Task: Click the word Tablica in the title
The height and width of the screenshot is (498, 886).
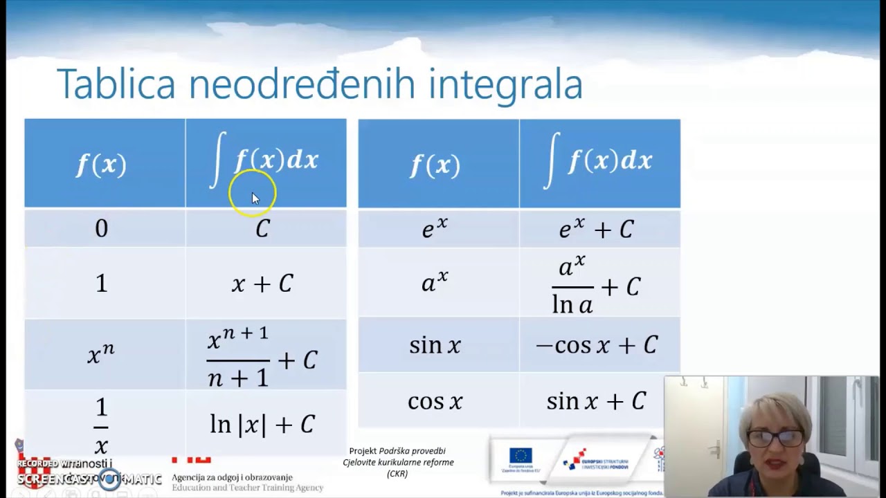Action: click(x=116, y=84)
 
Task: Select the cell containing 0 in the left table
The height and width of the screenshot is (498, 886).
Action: click(x=102, y=228)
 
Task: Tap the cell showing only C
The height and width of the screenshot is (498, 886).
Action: click(x=262, y=229)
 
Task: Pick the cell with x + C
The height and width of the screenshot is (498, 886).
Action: click(x=262, y=284)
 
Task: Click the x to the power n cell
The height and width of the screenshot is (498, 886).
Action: click(x=101, y=354)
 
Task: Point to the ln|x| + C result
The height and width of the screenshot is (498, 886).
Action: click(x=262, y=424)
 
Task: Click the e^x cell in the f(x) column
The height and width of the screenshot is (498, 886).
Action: click(x=435, y=228)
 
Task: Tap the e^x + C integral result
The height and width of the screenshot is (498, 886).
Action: click(x=596, y=228)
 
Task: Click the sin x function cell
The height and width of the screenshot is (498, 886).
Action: click(x=435, y=345)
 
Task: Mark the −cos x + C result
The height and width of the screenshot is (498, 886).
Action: click(x=596, y=345)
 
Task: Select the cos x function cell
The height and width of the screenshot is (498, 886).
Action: click(x=435, y=401)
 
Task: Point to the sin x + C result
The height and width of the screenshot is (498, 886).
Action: click(x=596, y=401)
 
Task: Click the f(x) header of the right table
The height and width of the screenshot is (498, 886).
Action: click(x=435, y=165)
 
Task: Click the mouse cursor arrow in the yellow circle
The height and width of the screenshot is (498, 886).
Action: click(x=255, y=199)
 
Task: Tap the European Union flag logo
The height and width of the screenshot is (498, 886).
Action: click(x=521, y=455)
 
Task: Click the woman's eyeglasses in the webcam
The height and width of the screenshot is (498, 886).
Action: click(x=775, y=439)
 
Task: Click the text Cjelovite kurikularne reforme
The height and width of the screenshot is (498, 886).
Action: click(x=398, y=462)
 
